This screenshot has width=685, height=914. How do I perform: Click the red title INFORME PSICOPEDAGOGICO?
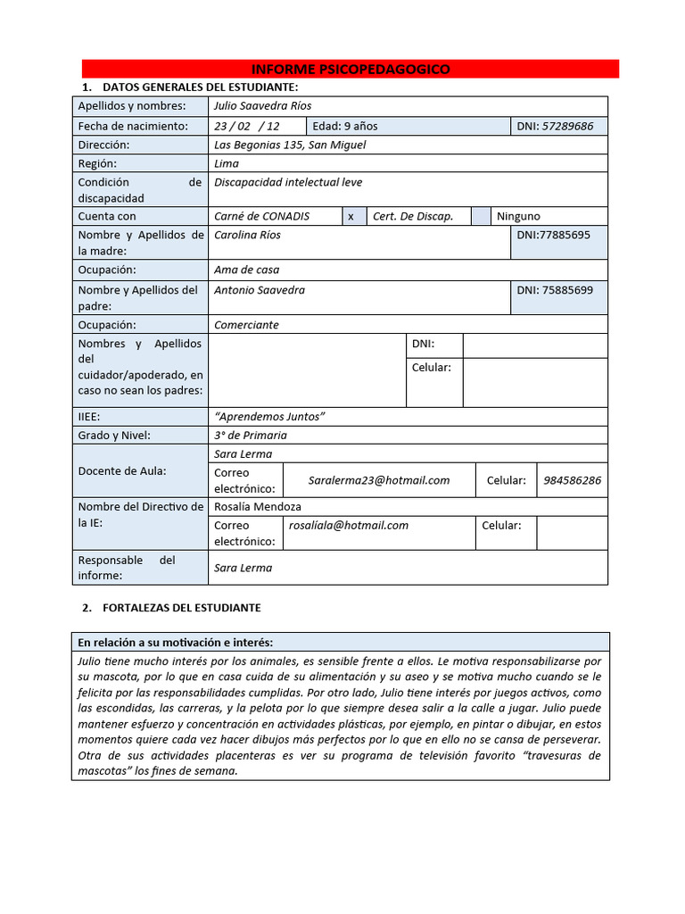(x=351, y=69)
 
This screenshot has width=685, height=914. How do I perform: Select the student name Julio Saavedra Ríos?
(x=263, y=106)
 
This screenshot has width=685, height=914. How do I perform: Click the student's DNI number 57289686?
(x=567, y=126)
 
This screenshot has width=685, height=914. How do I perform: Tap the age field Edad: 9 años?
(x=344, y=126)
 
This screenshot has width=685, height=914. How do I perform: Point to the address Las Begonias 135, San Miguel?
(x=290, y=145)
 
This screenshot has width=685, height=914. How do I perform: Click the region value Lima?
(x=227, y=163)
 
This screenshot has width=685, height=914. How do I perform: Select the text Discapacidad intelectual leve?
(x=288, y=182)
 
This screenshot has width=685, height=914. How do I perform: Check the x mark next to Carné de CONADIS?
(x=351, y=216)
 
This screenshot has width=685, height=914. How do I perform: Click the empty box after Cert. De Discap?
(x=480, y=216)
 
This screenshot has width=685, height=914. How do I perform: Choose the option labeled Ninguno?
(x=518, y=216)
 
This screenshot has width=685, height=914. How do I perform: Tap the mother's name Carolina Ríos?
(x=247, y=235)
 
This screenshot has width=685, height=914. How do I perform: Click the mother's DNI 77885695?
(x=553, y=235)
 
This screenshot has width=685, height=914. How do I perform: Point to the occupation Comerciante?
(x=246, y=325)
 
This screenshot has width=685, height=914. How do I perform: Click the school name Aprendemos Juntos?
(x=270, y=417)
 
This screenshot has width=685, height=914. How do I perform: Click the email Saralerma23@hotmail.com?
(x=379, y=480)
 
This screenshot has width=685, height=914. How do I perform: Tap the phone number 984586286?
(x=572, y=480)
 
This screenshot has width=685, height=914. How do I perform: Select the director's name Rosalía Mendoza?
(x=258, y=506)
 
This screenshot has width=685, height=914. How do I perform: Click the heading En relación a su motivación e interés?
(x=176, y=642)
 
